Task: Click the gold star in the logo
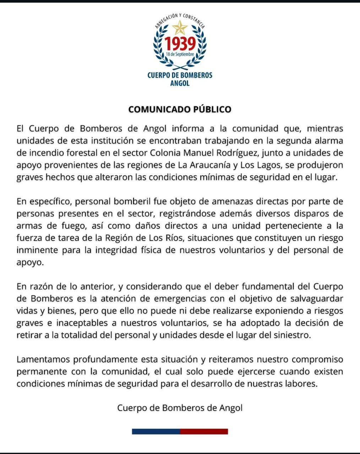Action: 180,27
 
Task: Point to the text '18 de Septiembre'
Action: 180,55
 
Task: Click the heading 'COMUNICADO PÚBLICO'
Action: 180,109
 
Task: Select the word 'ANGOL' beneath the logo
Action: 180,83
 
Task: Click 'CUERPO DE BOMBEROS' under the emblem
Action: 180,75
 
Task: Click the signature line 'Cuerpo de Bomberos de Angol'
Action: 180,408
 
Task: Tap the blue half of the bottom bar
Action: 156,432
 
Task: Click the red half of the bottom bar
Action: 204,432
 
